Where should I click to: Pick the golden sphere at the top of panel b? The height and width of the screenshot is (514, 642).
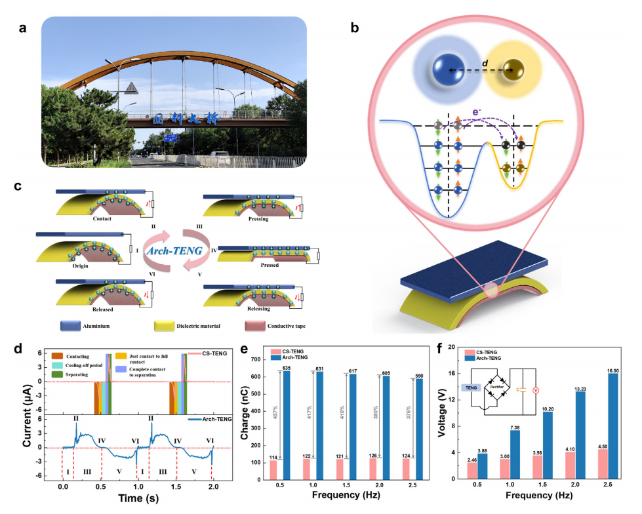point(514,71)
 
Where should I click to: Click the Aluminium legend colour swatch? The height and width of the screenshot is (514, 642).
point(77,325)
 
